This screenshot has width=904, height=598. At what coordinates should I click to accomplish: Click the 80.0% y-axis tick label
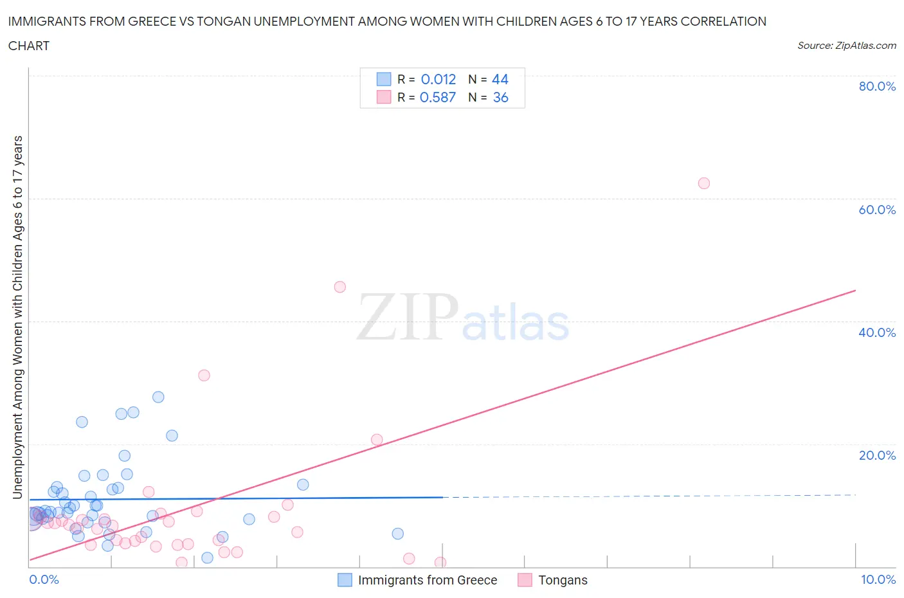877,86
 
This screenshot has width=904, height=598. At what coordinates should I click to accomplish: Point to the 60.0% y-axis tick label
877,210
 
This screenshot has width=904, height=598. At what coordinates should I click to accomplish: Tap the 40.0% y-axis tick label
877,332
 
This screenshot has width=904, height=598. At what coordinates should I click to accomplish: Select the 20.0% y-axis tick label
877,455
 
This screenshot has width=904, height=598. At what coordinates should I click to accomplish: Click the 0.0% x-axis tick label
44,579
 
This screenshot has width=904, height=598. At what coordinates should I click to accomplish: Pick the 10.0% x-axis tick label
878,579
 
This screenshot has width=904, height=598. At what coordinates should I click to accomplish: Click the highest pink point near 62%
704,183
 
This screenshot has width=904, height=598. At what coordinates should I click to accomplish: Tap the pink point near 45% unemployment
340,287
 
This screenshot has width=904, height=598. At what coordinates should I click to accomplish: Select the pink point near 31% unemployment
204,376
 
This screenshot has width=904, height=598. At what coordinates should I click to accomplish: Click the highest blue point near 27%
158,397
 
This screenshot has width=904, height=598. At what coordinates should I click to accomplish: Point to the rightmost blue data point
398,534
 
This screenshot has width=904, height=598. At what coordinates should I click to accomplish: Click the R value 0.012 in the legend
438,79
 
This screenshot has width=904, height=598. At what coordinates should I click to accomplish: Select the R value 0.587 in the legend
438,97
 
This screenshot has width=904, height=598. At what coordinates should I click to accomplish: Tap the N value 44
500,79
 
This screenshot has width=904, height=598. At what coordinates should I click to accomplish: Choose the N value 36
500,97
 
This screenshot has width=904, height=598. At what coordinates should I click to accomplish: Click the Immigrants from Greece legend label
428,580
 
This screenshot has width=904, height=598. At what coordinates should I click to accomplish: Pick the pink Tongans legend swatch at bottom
525,580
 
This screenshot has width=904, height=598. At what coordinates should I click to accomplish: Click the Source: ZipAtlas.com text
847,46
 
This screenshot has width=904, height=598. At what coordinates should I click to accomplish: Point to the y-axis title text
17,317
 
